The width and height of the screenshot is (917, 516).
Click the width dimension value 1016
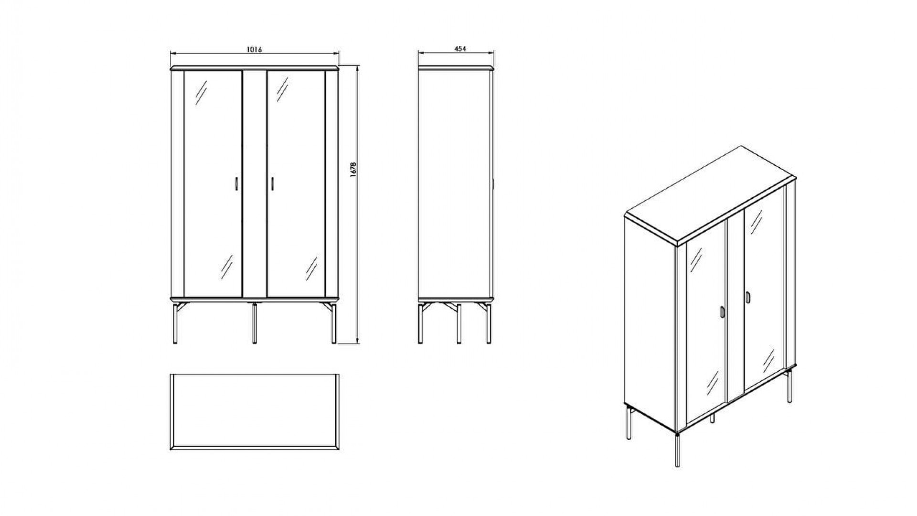click(x=255, y=49)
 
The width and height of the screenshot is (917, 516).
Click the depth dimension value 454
click(x=460, y=48)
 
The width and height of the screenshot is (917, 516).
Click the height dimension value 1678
click(x=353, y=170)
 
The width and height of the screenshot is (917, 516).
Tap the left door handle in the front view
click(x=236, y=184)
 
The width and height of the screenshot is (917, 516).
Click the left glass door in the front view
click(x=213, y=184)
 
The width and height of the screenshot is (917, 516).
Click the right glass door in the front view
click(x=296, y=184)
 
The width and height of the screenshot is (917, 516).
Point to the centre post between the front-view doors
click(x=255, y=184)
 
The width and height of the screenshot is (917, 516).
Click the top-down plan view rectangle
click(x=255, y=412)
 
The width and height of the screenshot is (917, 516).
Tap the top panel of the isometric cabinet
click(x=710, y=195)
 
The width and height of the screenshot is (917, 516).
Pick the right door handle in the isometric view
click(x=747, y=297)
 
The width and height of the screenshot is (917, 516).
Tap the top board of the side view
click(x=456, y=68)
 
